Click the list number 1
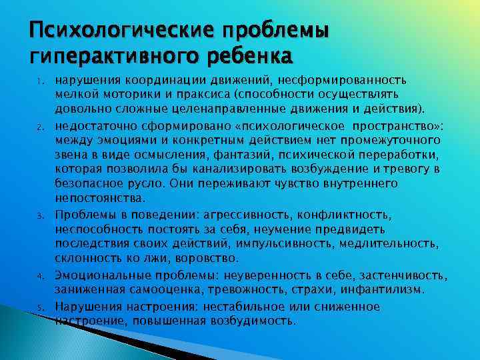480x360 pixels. [x=40, y=81]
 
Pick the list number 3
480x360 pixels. [x=40, y=216]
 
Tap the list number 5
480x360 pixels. [x=40, y=308]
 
